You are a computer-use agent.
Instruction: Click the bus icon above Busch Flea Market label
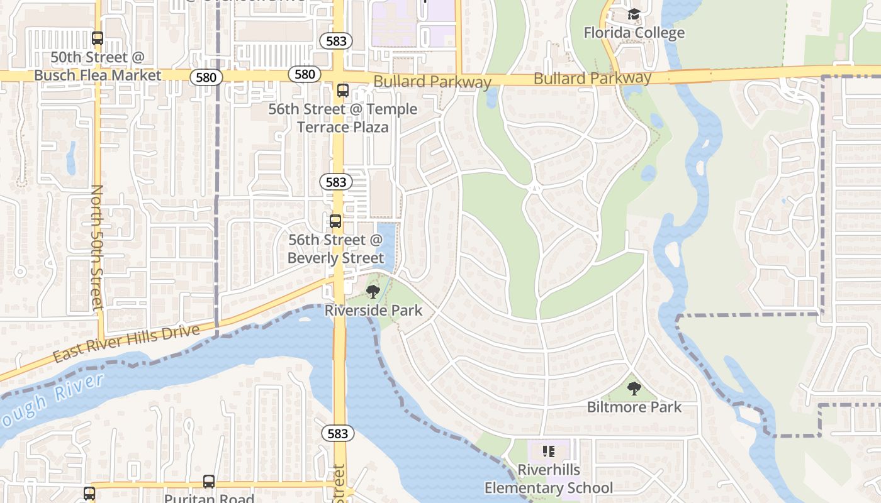pos(98,38)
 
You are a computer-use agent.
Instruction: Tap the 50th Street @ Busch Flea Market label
pos(98,66)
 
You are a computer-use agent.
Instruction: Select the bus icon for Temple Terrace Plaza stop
pos(342,91)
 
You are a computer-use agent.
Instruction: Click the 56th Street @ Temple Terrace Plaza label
pos(343,118)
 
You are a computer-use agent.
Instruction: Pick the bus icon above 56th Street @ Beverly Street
pos(335,221)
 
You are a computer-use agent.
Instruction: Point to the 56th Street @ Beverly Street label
pos(335,249)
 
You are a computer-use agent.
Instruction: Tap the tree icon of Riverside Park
pos(373,291)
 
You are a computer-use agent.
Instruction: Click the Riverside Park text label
pos(373,310)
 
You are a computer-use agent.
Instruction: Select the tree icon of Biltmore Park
pos(634,388)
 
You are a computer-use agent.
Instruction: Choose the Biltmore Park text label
pos(634,407)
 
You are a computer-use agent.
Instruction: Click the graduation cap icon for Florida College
pos(634,14)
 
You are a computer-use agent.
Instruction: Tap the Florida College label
pos(634,32)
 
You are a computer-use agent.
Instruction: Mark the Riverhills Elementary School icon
pos(548,451)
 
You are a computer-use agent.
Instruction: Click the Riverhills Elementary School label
pos(548,478)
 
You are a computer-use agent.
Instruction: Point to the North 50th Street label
pos(97,247)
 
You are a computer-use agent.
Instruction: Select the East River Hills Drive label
pos(126,343)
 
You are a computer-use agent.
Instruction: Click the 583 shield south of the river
pos(338,433)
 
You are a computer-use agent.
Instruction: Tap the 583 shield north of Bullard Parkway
pos(336,41)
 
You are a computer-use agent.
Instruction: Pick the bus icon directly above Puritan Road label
pos(209,482)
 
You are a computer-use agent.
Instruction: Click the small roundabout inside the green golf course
pos(535,187)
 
